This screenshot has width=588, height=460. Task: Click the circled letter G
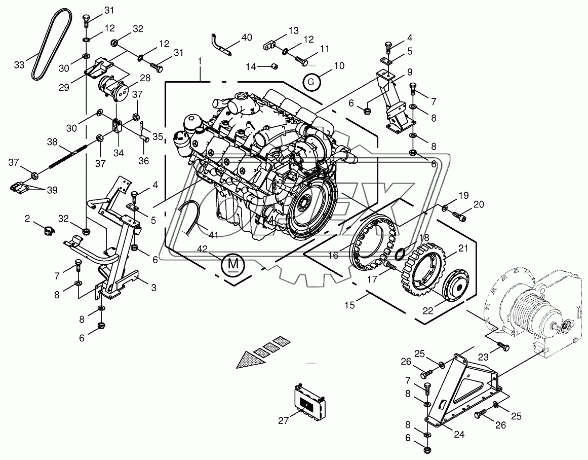[x=312, y=82]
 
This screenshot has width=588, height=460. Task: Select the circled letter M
[x=233, y=264]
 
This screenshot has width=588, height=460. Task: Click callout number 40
[x=247, y=37]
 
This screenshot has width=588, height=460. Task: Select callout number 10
[x=339, y=65]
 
